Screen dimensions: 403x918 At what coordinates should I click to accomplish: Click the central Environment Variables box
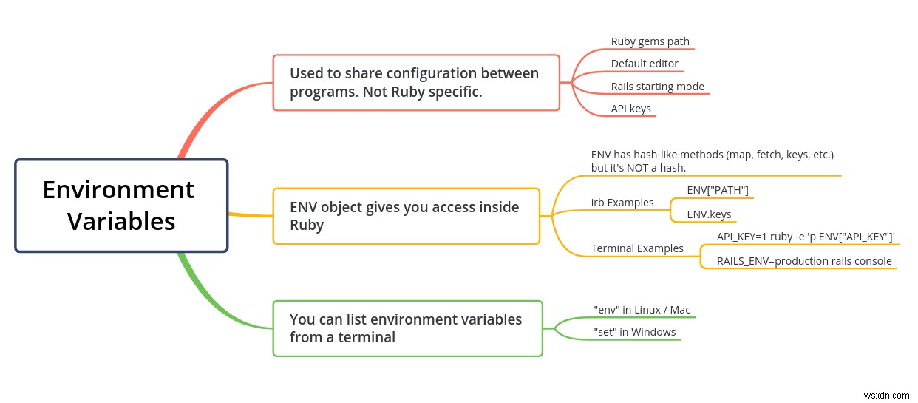tap(121, 206)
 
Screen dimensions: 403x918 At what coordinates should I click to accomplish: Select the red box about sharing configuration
tap(416, 83)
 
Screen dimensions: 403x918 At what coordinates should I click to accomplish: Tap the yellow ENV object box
tap(406, 216)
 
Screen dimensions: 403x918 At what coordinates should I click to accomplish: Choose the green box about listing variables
tap(407, 328)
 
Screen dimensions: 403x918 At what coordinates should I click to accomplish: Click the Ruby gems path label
tap(650, 41)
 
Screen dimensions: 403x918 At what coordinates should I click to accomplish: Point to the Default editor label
tap(644, 64)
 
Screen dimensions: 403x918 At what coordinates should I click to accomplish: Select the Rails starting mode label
tap(657, 87)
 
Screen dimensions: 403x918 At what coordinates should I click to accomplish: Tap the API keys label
tap(630, 109)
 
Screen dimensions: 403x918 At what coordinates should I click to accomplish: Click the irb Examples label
tap(622, 203)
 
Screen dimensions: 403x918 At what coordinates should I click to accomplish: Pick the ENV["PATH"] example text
tap(717, 191)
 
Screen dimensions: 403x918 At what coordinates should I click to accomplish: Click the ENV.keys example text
tap(709, 214)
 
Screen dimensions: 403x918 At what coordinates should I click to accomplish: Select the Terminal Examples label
tap(636, 248)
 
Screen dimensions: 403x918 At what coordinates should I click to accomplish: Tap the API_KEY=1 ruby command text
tap(806, 237)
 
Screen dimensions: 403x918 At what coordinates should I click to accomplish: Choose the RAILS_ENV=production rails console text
tap(804, 261)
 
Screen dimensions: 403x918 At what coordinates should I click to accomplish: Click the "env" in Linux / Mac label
tap(642, 310)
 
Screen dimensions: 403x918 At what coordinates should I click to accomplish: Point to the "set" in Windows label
tap(634, 332)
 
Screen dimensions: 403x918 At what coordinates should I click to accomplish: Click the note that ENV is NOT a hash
tap(712, 161)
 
